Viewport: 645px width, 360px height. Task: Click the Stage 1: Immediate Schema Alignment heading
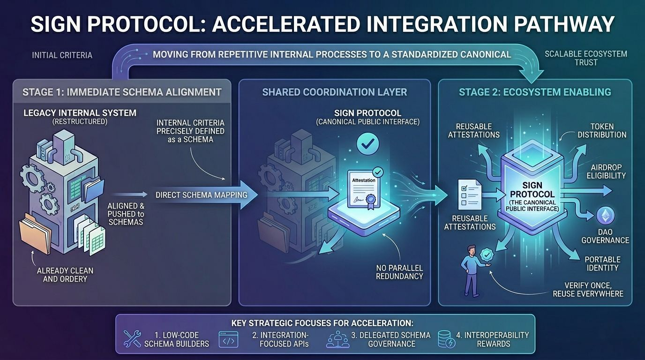click(x=122, y=92)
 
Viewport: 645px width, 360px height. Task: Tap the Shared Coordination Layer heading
click(x=334, y=92)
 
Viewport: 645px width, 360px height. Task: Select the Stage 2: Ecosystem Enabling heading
click(x=535, y=92)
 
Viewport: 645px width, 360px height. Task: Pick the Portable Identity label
click(x=602, y=263)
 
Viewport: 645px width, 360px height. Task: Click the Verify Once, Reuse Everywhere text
click(x=588, y=290)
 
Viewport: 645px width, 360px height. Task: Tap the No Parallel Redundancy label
click(x=399, y=272)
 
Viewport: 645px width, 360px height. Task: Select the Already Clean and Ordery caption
click(x=65, y=275)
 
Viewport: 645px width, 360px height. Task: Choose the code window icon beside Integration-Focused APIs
click(x=228, y=339)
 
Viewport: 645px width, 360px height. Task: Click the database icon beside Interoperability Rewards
click(x=445, y=339)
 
